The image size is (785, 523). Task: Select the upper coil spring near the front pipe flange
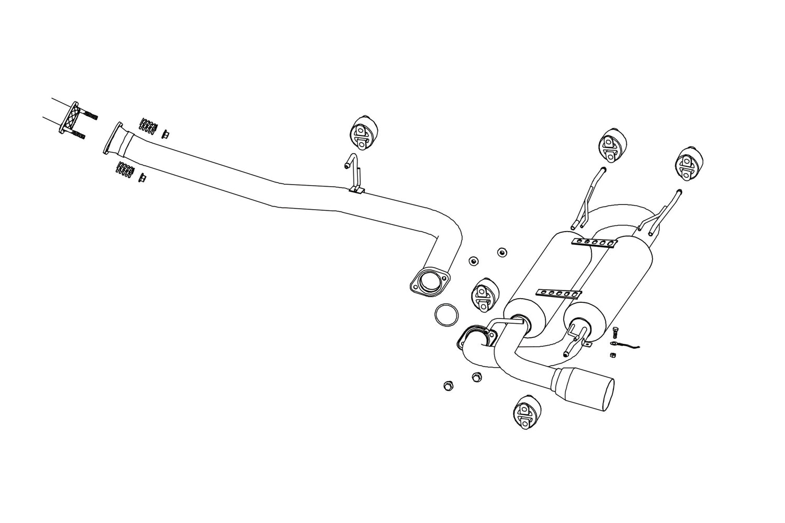tap(148, 126)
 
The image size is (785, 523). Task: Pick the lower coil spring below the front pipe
tap(125, 169)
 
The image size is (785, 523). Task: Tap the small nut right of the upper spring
tap(165, 134)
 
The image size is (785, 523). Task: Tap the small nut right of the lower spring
tap(142, 178)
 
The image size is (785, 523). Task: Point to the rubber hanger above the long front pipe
tap(362, 133)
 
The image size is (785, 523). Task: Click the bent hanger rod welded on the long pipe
tap(355, 173)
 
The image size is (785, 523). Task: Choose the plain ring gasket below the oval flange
tap(447, 315)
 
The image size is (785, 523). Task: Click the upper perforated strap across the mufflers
tap(594, 242)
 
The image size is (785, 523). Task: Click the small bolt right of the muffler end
tap(616, 331)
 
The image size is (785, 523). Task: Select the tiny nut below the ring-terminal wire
tap(612, 355)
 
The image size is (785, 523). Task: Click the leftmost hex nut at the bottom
tap(447, 386)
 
